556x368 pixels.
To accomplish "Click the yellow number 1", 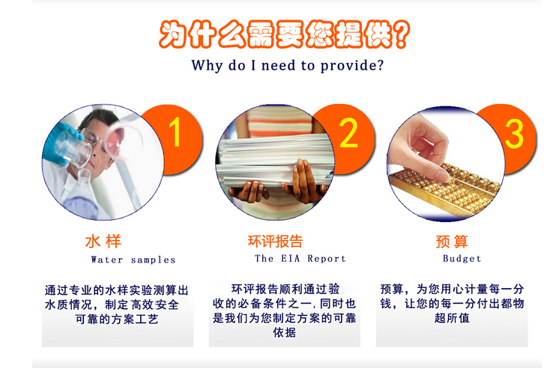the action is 175,132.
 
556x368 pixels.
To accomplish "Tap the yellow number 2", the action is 348,132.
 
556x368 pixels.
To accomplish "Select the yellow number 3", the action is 514,133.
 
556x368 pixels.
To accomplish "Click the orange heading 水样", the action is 103,242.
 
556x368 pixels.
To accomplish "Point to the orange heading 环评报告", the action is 275,242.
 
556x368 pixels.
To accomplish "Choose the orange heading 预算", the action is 452,242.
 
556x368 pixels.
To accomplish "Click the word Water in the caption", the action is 107,260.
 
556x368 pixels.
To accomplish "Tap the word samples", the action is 153,260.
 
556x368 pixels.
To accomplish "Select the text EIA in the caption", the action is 291,258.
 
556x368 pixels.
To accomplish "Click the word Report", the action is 326,258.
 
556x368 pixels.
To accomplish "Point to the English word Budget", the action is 462,258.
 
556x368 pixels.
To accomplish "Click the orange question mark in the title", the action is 402,34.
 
